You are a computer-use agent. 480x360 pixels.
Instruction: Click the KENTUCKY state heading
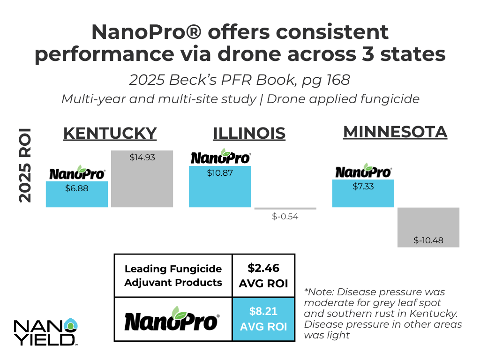[110, 133]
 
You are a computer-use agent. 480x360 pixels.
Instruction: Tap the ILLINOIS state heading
[249, 134]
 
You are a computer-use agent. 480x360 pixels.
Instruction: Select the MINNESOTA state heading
[395, 132]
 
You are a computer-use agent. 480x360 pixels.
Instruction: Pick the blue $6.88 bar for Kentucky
[77, 195]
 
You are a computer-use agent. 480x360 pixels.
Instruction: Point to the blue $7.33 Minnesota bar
[363, 193]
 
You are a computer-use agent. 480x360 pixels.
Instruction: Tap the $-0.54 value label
[285, 217]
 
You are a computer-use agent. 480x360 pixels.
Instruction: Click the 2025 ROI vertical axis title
[24, 165]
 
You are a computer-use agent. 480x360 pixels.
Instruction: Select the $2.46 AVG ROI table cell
[263, 276]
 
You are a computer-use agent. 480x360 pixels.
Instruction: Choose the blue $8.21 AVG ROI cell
[263, 319]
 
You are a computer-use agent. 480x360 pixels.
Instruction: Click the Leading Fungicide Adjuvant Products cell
[173, 276]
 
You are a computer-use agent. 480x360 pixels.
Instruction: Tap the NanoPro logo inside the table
[172, 319]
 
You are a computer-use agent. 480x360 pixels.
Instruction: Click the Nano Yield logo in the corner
[46, 332]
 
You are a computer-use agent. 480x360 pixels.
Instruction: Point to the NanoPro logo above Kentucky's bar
[77, 173]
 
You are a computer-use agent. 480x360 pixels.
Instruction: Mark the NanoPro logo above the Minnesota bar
[363, 172]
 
